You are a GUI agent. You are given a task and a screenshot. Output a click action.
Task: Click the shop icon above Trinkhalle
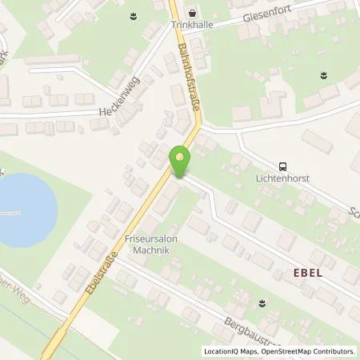[x=192, y=13]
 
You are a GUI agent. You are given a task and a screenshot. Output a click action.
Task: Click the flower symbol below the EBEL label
[x=262, y=302]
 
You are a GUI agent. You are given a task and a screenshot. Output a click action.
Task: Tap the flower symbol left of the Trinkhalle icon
[x=132, y=15]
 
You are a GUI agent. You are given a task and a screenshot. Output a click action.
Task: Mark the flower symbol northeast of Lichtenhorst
[x=323, y=76]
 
